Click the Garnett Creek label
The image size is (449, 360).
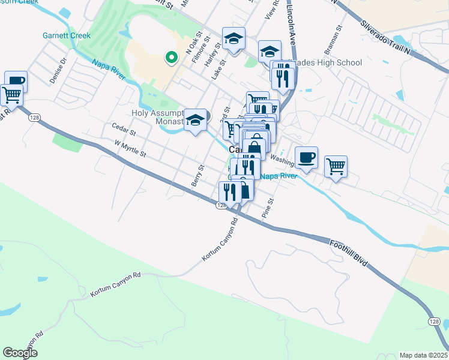click(x=67, y=35)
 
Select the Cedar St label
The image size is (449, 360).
click(x=124, y=127)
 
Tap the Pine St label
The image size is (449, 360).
click(x=268, y=207)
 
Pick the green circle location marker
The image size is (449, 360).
click(x=171, y=58)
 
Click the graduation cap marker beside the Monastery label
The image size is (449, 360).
click(x=196, y=120)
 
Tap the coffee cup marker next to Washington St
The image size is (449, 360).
click(x=306, y=158)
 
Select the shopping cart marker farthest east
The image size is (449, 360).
click(x=336, y=166)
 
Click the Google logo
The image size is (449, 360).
click(x=20, y=352)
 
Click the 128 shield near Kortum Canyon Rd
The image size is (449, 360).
click(x=221, y=205)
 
